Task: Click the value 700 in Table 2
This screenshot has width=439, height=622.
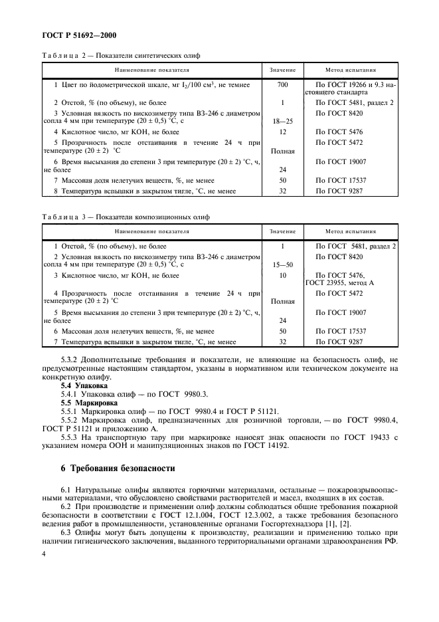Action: pos(282,86)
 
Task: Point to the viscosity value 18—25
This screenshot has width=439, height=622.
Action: pos(282,122)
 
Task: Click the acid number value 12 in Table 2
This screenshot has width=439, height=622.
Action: pos(282,132)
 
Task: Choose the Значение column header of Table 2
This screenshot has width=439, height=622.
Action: pos(282,69)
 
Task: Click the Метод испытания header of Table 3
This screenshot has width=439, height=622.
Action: pos(351,232)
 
